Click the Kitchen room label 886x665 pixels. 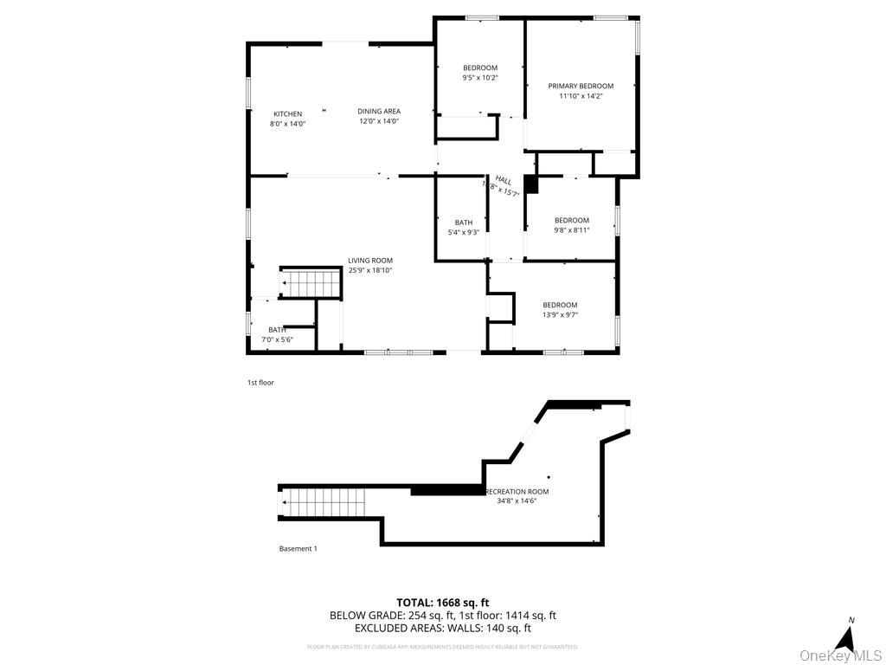tap(287, 114)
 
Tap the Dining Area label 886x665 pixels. tap(379, 111)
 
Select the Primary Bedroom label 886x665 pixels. tap(581, 86)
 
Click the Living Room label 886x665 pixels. tap(370, 260)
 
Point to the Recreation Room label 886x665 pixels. tap(517, 492)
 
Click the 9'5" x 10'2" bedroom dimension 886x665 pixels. tap(480, 78)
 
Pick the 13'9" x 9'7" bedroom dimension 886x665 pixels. tap(560, 314)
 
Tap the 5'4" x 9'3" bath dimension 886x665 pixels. tap(463, 232)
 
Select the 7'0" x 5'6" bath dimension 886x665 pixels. tap(277, 339)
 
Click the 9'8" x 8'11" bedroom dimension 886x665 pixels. tap(571, 230)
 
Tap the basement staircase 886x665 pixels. tap(325, 501)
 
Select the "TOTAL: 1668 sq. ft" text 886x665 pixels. tap(442, 603)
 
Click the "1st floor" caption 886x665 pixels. tap(260, 382)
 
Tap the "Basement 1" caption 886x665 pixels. tap(298, 548)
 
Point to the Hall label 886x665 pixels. tap(503, 180)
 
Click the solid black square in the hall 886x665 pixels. tap(531, 184)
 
